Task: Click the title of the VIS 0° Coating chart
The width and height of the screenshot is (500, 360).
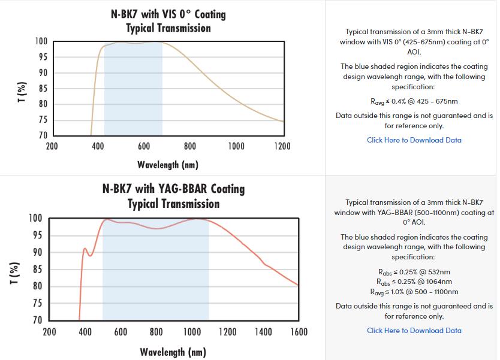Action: click(x=168, y=20)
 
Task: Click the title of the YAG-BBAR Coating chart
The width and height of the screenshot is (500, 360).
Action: click(x=173, y=196)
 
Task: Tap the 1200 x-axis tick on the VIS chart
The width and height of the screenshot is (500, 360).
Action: click(x=282, y=146)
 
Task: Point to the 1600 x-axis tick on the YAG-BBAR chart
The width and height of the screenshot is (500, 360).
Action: click(x=299, y=331)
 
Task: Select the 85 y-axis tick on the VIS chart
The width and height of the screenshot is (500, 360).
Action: click(x=43, y=89)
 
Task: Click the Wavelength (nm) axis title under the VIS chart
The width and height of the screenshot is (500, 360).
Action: click(x=168, y=164)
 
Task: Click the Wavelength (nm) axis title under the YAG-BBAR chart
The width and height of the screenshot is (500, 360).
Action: click(x=173, y=352)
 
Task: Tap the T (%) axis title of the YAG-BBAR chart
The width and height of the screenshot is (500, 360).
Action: click(x=17, y=269)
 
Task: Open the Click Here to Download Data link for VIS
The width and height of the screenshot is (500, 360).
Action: click(x=414, y=140)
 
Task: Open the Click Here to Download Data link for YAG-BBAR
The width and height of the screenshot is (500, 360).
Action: click(x=414, y=331)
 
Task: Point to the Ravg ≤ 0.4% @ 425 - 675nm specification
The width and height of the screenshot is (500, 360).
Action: click(x=414, y=101)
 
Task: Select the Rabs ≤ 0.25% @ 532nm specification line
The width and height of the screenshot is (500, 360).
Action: click(x=414, y=272)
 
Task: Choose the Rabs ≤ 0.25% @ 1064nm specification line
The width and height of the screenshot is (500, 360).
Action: click(x=414, y=282)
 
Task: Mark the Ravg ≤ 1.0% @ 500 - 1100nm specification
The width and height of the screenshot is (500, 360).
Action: click(x=414, y=292)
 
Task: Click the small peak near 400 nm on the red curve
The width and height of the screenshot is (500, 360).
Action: click(x=85, y=248)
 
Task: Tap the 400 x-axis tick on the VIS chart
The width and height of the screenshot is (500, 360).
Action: click(x=98, y=146)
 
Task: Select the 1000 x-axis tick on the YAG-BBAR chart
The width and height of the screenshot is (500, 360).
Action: click(x=192, y=331)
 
